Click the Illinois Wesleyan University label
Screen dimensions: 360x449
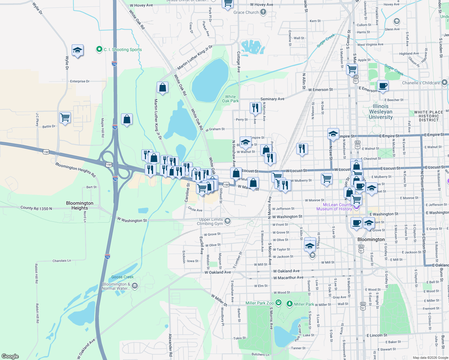tap(381, 112)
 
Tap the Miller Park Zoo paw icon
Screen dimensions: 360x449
tap(279, 303)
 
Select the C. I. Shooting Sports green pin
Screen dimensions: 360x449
tap(99, 49)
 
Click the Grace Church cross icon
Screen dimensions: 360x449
tap(263, 12)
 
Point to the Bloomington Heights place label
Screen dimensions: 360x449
tap(80, 205)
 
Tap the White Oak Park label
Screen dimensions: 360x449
tap(231, 99)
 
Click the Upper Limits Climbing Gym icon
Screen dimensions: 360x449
tap(228, 221)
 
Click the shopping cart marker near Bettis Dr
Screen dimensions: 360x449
tap(65, 117)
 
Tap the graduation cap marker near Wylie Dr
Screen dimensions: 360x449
tap(77, 50)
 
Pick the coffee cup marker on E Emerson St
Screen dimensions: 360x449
tap(383, 85)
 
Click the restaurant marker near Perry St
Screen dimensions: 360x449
tap(255, 107)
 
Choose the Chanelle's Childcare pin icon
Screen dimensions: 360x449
tap(444, 82)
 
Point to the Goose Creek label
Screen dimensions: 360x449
tap(122, 277)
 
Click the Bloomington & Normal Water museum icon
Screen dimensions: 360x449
tap(135, 286)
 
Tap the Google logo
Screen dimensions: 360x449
tap(10, 356)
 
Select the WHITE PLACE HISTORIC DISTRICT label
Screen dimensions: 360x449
tap(429, 116)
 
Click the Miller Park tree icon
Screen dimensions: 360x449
tap(290, 304)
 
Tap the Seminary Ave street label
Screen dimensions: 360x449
tap(272, 99)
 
